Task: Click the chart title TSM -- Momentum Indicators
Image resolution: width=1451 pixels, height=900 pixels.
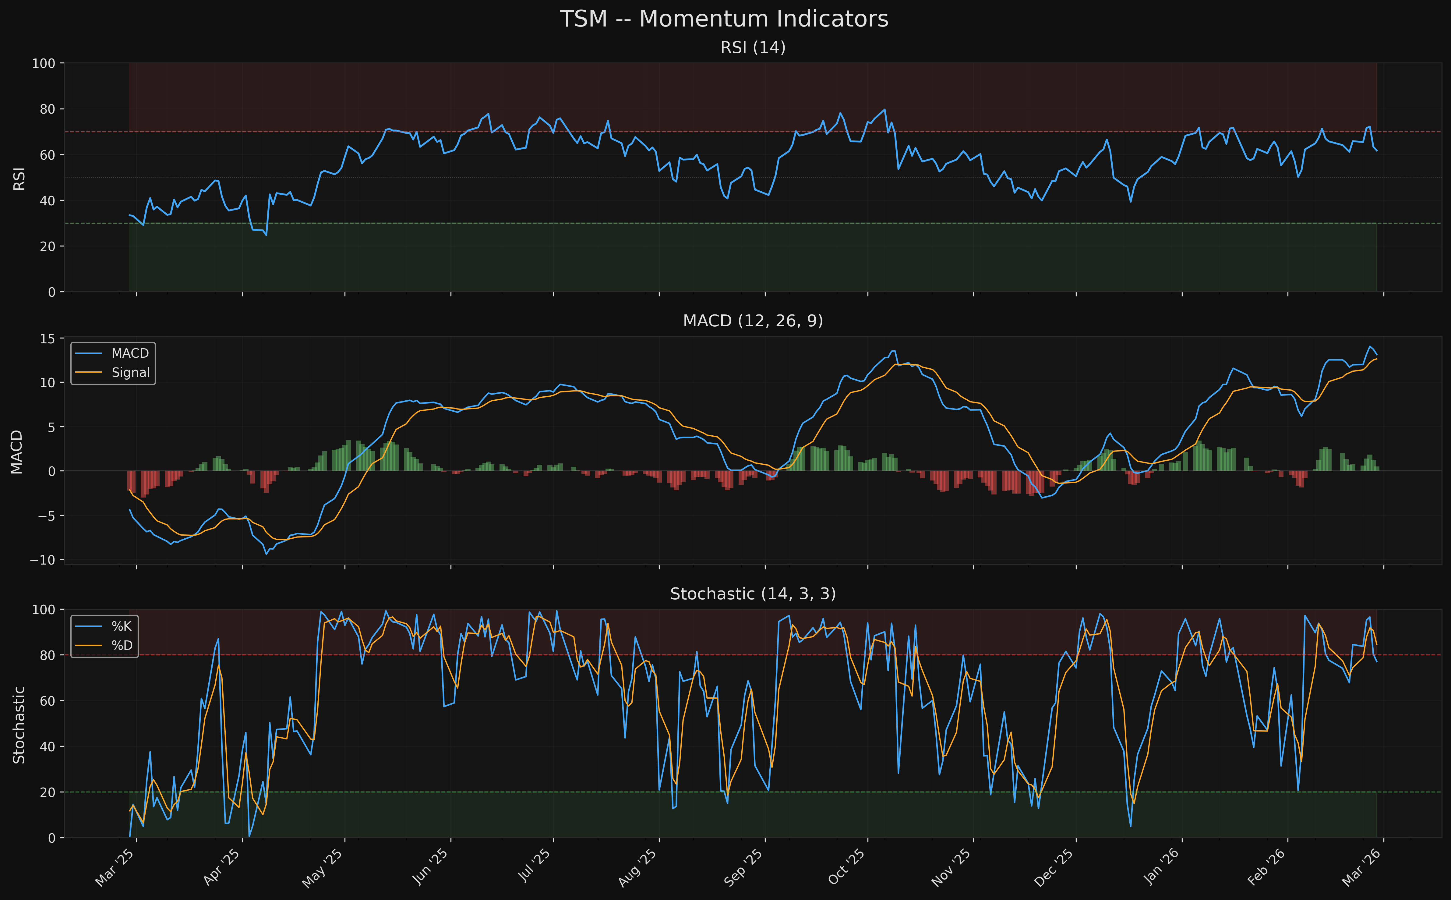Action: click(724, 19)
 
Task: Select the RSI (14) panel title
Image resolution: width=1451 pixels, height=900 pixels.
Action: click(753, 48)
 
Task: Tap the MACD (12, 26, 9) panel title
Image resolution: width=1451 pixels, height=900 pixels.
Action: click(753, 321)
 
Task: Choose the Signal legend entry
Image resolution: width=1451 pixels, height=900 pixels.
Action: click(130, 373)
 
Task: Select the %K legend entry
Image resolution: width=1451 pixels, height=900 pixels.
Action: click(121, 626)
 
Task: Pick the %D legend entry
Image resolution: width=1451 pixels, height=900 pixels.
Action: click(121, 645)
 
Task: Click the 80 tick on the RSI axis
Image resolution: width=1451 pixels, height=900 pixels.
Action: click(48, 109)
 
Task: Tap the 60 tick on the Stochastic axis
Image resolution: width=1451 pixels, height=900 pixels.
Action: click(48, 701)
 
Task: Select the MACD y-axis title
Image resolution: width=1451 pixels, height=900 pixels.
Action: click(17, 451)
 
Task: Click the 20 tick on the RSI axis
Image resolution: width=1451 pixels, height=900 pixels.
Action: click(48, 246)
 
